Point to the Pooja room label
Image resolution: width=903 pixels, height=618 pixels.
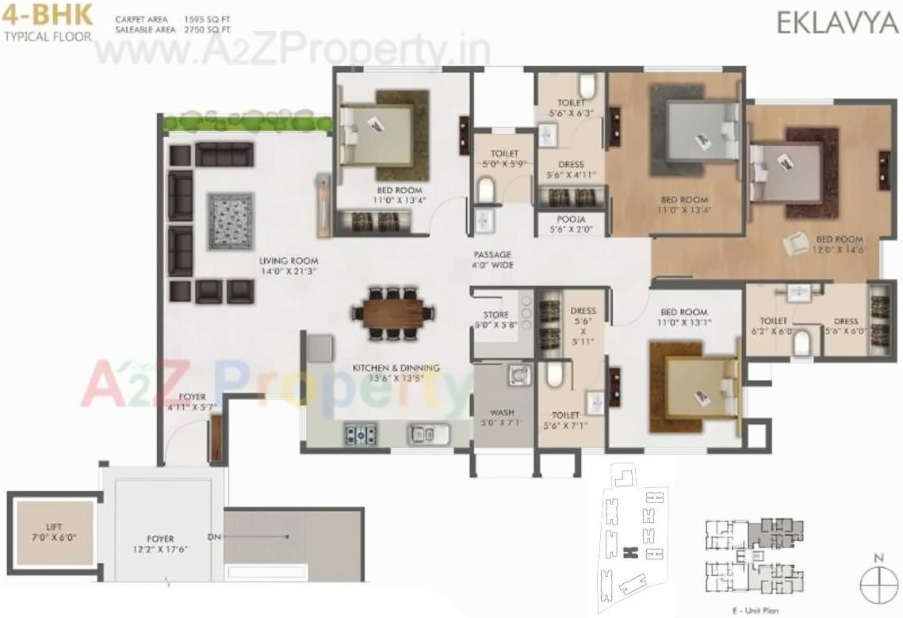point(571,224)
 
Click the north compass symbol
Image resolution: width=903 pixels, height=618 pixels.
point(878,587)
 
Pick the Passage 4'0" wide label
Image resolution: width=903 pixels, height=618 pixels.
point(494,260)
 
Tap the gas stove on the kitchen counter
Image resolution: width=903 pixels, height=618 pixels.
point(360,433)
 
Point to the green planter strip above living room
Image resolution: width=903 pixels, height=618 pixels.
point(247,123)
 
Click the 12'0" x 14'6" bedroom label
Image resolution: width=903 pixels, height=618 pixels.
point(840,244)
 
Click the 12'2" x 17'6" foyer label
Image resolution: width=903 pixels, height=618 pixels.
point(159,544)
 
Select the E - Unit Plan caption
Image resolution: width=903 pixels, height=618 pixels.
point(753,609)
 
